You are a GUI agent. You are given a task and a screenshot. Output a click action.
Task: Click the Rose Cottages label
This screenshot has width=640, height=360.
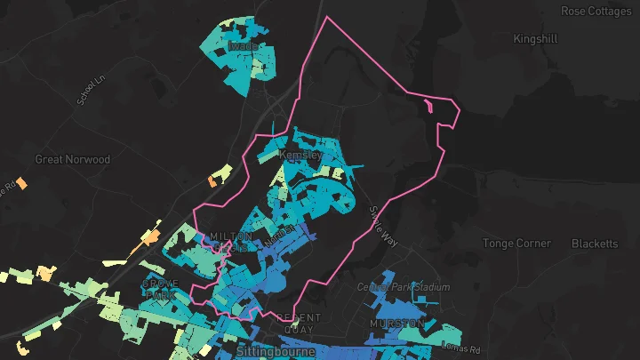pos(595,11)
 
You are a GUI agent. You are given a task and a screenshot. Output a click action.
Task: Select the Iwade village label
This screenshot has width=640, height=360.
pos(243,45)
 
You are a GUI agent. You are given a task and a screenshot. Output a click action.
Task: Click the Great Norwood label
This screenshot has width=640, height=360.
pos(73,159)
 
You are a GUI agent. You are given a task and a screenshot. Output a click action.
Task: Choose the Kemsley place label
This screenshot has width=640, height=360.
pos(300,155)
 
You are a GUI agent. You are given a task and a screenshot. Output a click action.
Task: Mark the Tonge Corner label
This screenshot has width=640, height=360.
pos(517,244)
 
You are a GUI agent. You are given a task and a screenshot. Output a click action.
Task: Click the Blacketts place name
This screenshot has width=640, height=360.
pos(595,244)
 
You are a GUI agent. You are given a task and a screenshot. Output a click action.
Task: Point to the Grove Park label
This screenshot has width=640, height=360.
pos(161,289)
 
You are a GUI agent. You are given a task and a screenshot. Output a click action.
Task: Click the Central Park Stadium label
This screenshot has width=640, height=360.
pos(404,287)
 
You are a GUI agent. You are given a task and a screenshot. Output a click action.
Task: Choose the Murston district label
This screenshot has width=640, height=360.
pos(397,324)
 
